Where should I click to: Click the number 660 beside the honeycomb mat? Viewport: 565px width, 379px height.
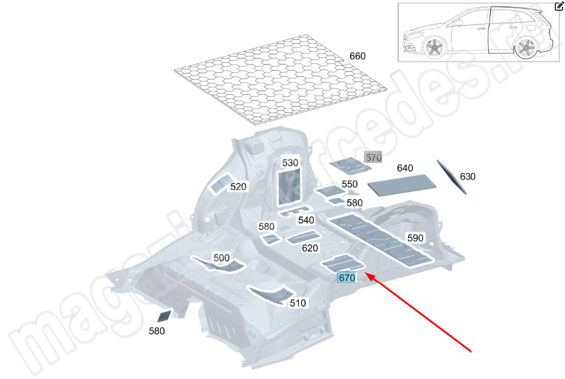coord(357,56)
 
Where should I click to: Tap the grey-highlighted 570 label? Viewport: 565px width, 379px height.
coord(374,158)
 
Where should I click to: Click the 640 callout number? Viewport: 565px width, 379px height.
coord(404,168)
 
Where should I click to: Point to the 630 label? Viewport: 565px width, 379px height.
coord(467,176)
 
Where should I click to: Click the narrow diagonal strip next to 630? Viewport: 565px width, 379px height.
coord(452,176)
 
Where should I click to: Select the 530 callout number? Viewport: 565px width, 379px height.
coord(290,163)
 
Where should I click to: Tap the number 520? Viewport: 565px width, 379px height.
coord(238,186)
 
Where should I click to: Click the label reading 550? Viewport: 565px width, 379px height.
coord(350,184)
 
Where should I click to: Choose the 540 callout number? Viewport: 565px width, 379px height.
coord(306,220)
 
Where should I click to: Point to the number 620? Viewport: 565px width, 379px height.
coord(310,248)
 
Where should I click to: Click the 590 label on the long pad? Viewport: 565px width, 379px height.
coord(415,238)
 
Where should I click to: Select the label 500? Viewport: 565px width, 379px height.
coord(222,258)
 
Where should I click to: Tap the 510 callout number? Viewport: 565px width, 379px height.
coord(298,303)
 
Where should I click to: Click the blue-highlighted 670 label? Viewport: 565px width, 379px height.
coord(346,278)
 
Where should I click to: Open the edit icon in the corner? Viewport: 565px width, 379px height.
coord(559,7)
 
